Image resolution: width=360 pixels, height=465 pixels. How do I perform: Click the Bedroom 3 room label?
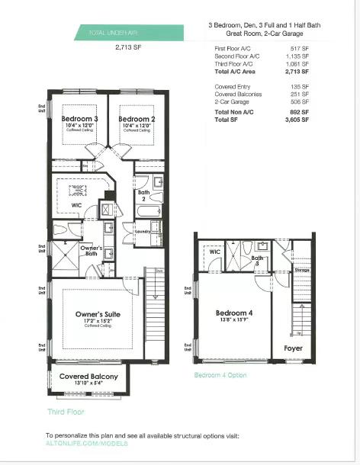(79, 120)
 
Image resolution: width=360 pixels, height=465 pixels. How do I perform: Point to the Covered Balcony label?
(89, 377)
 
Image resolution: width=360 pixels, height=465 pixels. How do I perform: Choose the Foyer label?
(293, 348)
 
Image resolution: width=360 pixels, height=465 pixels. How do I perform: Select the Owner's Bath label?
(92, 249)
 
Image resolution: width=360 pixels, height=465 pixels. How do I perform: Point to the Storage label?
(302, 270)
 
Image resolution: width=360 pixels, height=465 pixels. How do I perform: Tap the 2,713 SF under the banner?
(129, 47)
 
